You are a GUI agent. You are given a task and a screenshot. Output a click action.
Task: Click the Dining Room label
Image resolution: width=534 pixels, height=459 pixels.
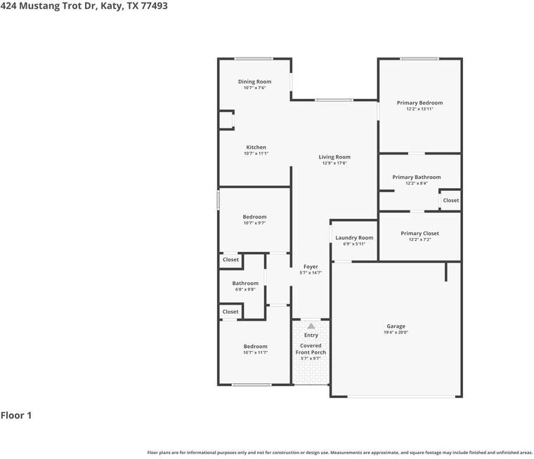(254, 82)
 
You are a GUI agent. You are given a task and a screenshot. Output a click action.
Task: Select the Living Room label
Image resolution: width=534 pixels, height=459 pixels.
(334, 157)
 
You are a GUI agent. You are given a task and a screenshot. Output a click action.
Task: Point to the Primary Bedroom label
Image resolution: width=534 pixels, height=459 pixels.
(419, 103)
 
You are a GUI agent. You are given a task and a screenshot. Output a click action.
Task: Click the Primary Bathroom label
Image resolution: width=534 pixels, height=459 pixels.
(417, 178)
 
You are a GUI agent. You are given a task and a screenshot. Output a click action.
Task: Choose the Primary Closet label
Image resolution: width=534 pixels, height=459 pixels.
(419, 234)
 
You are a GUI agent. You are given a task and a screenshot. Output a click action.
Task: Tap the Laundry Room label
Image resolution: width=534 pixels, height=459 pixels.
(354, 238)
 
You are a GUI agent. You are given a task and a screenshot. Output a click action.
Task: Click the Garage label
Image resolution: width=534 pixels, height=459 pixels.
(396, 326)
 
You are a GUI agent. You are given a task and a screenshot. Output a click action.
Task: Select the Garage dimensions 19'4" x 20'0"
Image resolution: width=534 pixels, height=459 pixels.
(396, 333)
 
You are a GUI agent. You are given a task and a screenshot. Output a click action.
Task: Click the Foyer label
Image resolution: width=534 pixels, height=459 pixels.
(311, 267)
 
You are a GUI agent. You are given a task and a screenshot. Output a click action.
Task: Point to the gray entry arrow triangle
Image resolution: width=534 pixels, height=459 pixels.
(311, 326)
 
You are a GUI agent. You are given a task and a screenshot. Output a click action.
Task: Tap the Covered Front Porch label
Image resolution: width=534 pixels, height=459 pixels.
(311, 349)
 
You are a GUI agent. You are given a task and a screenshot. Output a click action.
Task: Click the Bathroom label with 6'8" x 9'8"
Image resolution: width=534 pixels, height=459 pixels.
(245, 284)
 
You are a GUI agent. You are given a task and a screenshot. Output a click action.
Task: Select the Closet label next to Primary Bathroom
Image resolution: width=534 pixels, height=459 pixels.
(450, 201)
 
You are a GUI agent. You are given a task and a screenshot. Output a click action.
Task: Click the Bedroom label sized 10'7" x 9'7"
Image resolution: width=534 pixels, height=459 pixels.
(254, 217)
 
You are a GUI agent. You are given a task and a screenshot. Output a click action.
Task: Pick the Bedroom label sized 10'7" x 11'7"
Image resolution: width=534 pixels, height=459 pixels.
(255, 347)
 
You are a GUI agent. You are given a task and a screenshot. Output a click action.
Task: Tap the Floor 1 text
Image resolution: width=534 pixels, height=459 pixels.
(16, 415)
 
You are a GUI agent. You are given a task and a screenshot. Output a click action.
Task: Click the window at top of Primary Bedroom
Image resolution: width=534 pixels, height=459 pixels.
(419, 58)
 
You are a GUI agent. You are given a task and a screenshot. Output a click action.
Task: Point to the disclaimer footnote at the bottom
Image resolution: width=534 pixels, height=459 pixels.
(339, 453)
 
